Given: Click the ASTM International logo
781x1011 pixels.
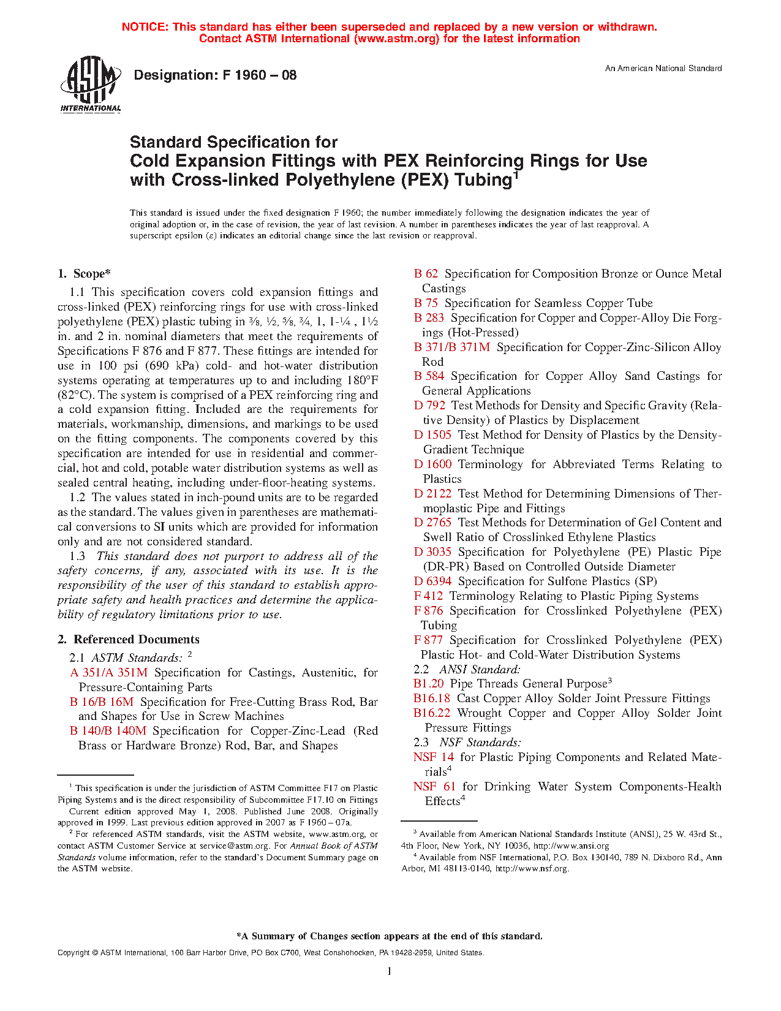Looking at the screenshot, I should (90, 85).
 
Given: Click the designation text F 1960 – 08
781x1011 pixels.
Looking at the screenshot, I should (215, 75).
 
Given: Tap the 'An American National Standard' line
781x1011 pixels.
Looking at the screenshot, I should (663, 69).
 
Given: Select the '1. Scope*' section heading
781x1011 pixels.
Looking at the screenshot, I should (85, 274).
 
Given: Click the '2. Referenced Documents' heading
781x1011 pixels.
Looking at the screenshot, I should (129, 640).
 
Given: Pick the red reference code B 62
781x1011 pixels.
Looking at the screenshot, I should (426, 274).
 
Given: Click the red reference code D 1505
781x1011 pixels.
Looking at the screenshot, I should (432, 435).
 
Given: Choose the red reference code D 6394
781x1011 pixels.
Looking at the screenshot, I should (432, 581).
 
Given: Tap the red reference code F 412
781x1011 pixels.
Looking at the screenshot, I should (428, 596).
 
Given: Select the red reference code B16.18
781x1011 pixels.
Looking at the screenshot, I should (431, 699).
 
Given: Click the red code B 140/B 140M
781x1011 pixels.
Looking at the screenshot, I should (108, 731).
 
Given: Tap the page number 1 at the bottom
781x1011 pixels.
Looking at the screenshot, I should (389, 971).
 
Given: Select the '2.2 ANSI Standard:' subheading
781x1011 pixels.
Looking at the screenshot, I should (467, 670).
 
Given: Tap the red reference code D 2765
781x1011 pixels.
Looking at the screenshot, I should (432, 523).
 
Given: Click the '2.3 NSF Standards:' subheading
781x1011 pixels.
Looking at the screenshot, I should (467, 743).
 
